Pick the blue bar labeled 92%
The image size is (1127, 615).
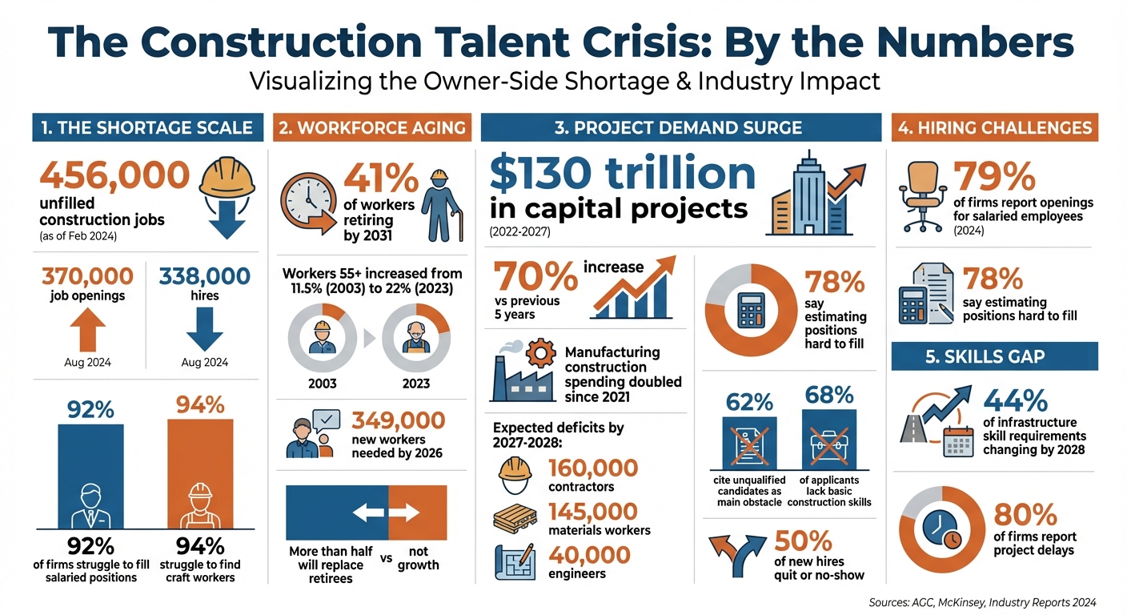coord(90,476)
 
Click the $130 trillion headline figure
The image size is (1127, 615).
coord(623,173)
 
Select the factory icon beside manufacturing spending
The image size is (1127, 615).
coord(521,373)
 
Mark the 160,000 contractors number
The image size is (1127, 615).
coord(593,467)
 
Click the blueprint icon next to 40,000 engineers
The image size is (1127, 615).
coord(515,561)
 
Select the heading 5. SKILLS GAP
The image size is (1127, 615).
coord(994,357)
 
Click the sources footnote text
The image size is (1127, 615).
coord(982,601)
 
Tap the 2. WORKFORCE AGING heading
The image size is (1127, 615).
coord(371,128)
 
